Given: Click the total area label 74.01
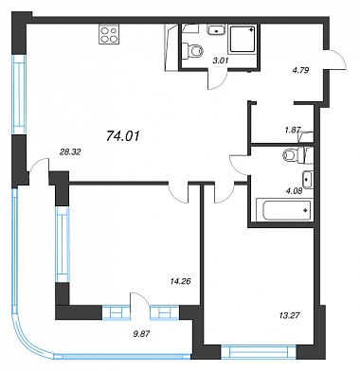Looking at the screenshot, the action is coord(123,136).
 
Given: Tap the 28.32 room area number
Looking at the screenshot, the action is coord(70,152).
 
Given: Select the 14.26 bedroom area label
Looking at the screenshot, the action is coord(181,280).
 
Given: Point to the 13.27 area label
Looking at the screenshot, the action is coord(289,315).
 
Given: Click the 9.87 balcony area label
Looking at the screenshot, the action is coord(140,333).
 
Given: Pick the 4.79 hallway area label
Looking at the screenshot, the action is coord(300,70).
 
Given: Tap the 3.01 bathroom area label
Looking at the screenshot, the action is coord(221,61).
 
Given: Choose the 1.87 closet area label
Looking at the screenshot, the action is coord(293,129).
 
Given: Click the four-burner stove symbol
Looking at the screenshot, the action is coord(109,35).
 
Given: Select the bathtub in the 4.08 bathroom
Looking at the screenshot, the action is coord(284,210).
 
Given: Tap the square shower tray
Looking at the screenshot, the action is coord(243,39).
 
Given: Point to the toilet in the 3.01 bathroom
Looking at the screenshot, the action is coord(193,50).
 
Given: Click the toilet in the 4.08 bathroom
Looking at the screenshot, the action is coord(297,155).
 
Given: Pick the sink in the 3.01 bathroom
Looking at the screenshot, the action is coord(216,30).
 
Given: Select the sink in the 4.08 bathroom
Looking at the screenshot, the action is coord(308,180).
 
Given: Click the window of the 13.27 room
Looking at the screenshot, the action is coord(259,352).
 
